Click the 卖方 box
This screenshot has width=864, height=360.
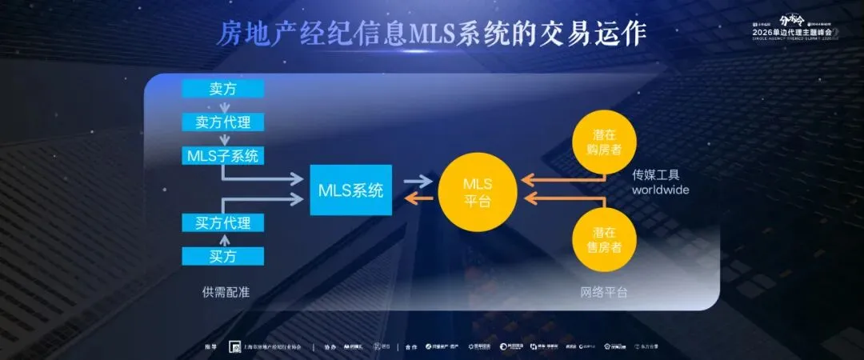(x=222, y=89)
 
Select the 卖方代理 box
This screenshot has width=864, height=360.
(x=222, y=122)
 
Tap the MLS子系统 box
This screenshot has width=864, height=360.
(x=222, y=155)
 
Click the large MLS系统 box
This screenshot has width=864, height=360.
(x=350, y=190)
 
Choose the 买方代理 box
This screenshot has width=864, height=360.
(x=222, y=222)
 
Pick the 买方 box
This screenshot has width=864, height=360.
(x=222, y=256)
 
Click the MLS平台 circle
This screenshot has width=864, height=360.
(x=478, y=190)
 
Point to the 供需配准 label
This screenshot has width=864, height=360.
(x=226, y=292)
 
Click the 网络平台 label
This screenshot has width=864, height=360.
(x=603, y=292)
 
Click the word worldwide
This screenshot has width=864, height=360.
(x=661, y=190)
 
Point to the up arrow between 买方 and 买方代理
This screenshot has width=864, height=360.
(x=223, y=239)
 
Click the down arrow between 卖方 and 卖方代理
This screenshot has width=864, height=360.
(x=223, y=106)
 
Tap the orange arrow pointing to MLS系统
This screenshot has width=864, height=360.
(x=416, y=198)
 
